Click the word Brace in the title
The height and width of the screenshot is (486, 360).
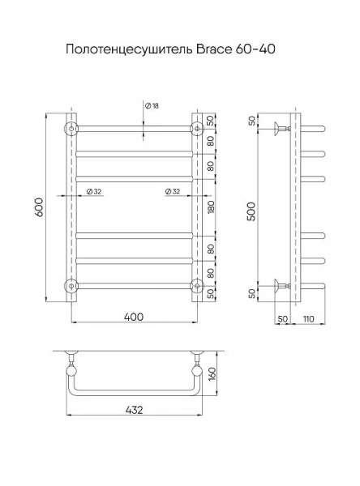pyautogui.click(x=213, y=49)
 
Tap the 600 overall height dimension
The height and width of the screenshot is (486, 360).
pyautogui.click(x=40, y=207)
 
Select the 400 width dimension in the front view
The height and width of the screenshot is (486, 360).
pyautogui.click(x=134, y=317)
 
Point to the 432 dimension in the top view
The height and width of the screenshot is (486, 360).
pyautogui.click(x=135, y=410)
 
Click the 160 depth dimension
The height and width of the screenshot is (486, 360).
pyautogui.click(x=212, y=373)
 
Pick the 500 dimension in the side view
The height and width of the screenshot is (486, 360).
pyautogui.click(x=251, y=211)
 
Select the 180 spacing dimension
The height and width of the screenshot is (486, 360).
pyautogui.click(x=211, y=207)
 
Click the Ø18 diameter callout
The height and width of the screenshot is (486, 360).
pyautogui.click(x=152, y=105)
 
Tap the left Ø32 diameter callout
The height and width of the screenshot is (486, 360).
pyautogui.click(x=94, y=191)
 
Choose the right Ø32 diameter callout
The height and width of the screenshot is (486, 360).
pyautogui.click(x=173, y=191)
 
